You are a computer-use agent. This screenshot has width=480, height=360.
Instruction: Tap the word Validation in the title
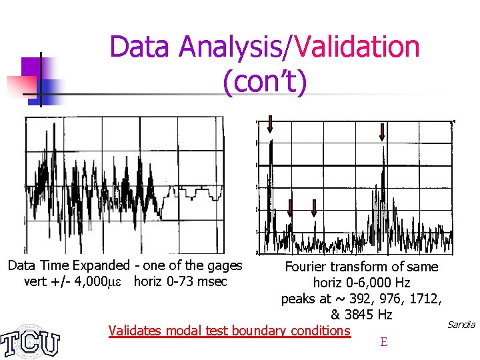(361, 47)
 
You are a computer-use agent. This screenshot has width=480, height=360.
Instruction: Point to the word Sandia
(461, 325)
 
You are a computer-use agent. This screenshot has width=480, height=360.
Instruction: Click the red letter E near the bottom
(383, 343)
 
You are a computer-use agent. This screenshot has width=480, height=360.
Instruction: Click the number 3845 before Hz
(359, 315)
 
